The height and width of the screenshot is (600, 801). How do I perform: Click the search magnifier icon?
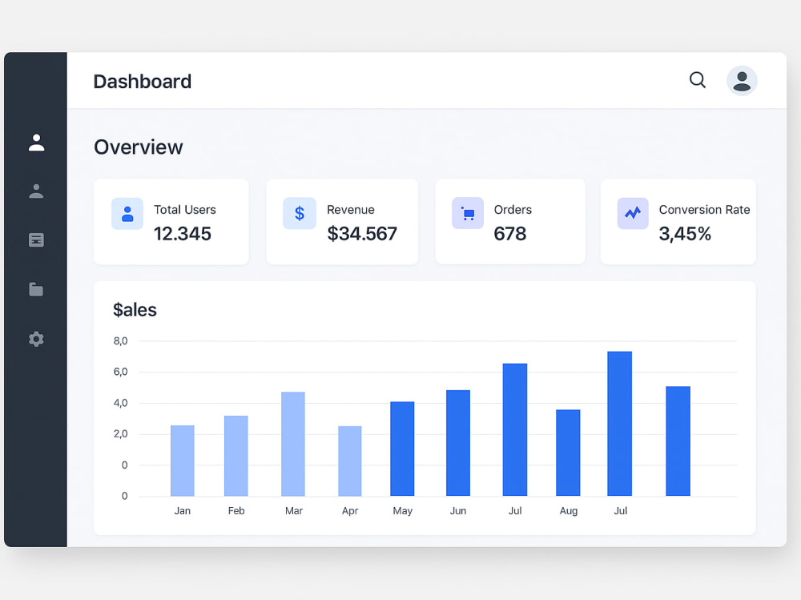[698, 80]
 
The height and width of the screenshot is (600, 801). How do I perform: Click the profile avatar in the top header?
[742, 81]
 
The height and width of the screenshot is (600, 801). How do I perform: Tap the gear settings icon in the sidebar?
[36, 339]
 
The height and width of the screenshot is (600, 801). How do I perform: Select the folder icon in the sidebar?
[36, 289]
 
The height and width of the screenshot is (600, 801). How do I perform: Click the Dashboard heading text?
[143, 82]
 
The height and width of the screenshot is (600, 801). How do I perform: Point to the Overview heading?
[139, 147]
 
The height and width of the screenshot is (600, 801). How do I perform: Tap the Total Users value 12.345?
[183, 234]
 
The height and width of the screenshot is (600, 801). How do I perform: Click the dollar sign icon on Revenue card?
[300, 213]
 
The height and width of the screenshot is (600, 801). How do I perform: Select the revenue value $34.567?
[362, 234]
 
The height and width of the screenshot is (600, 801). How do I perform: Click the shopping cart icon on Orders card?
[468, 213]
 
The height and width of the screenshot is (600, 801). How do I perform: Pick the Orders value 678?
[510, 234]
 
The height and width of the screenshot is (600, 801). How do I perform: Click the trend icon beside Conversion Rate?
[633, 213]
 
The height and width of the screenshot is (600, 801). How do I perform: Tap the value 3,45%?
[685, 234]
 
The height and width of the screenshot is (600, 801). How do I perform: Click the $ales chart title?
[135, 310]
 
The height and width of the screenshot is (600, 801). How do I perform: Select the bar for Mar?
[293, 444]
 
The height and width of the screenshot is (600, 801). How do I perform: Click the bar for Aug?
[568, 453]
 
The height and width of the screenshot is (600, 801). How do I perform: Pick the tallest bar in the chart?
[620, 424]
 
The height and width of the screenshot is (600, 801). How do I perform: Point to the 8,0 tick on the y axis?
[120, 341]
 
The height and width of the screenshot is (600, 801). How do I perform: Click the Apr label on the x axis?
[350, 511]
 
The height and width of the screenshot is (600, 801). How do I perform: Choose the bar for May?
[402, 449]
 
